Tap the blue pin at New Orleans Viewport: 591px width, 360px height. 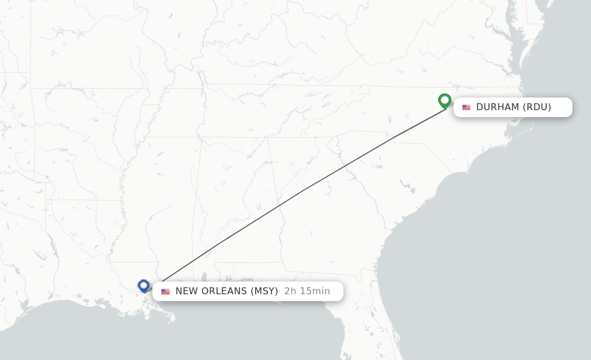coord(144,285)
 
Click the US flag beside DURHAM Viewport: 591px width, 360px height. coord(466,107)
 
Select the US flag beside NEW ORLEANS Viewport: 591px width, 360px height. coord(166,291)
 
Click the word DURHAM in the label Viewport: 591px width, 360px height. coord(498,107)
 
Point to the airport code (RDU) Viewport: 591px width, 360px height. coord(537,107)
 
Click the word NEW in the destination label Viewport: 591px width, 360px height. coord(186,291)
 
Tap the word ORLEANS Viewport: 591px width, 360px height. coord(224,291)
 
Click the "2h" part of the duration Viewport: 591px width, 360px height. coord(290,291)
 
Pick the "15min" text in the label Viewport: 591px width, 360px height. coord(315,291)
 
